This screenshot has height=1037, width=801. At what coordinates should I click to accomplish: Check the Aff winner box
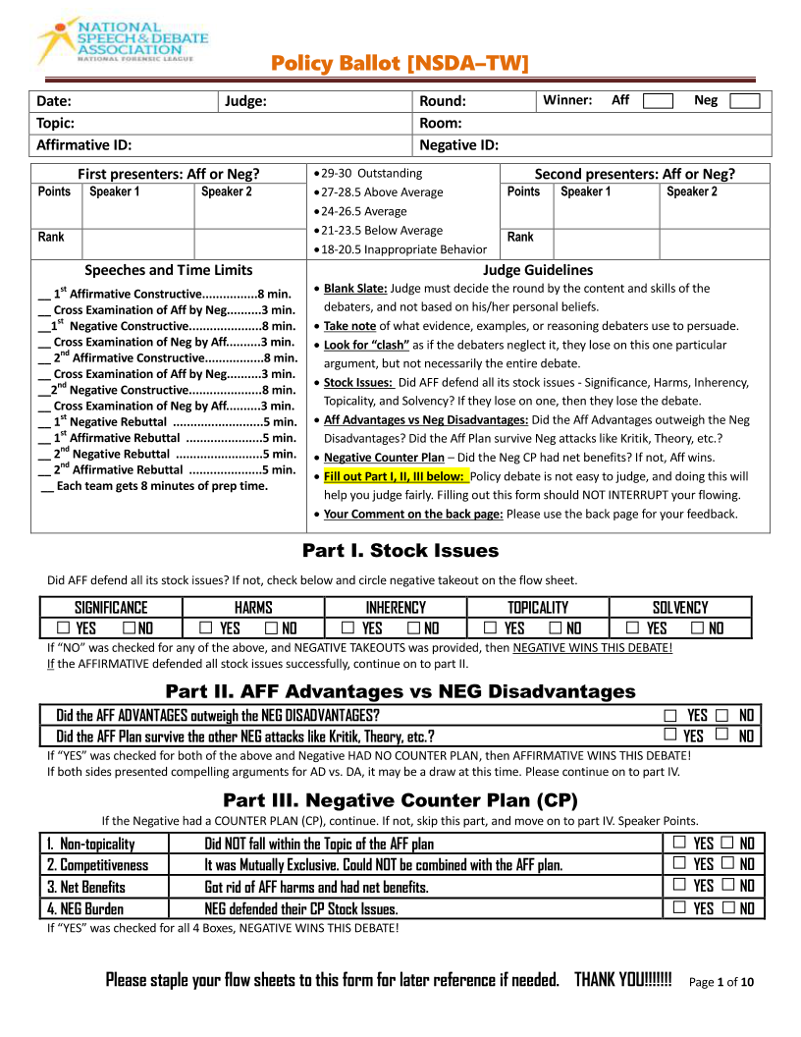tap(658, 101)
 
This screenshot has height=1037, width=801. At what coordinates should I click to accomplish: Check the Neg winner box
tap(744, 101)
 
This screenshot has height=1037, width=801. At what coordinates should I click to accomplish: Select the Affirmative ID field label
tap(83, 145)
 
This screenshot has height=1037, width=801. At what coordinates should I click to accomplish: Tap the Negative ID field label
tap(458, 145)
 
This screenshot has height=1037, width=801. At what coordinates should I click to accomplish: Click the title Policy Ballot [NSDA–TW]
tap(400, 65)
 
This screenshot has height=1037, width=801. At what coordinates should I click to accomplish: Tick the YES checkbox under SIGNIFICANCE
tap(64, 628)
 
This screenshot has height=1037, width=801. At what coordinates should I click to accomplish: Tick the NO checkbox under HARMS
tap(272, 628)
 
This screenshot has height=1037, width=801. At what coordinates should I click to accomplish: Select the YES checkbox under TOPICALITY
tap(491, 628)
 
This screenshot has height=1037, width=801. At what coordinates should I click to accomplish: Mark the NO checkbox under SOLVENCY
tap(698, 628)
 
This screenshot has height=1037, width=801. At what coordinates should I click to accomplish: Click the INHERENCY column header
tap(396, 608)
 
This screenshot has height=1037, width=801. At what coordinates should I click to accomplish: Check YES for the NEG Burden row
tap(681, 907)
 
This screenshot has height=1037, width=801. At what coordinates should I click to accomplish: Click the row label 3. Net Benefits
tap(85, 887)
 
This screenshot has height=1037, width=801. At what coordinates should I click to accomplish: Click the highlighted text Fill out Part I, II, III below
tap(396, 477)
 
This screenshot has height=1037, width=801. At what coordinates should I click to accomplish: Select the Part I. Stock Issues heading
tap(400, 551)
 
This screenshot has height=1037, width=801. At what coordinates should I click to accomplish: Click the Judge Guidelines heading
tap(538, 270)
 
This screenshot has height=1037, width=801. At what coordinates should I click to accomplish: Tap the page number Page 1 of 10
tap(721, 982)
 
